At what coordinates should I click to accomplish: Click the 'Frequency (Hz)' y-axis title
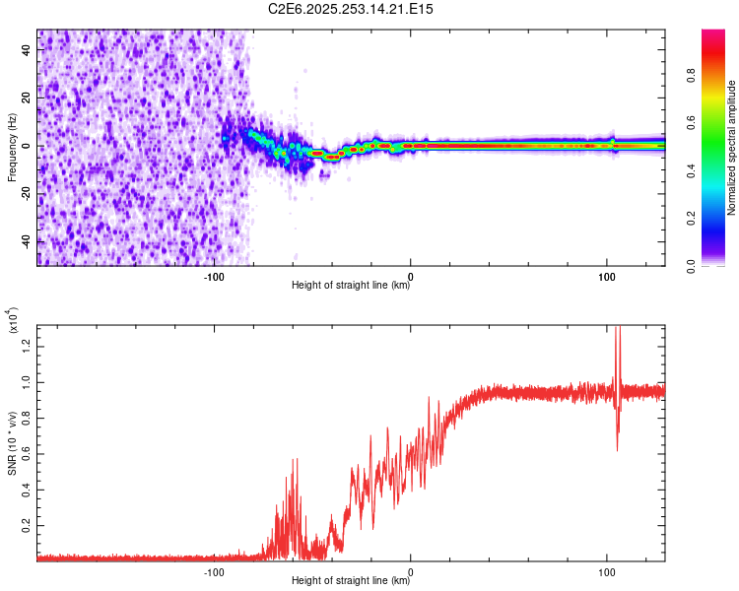(12, 148)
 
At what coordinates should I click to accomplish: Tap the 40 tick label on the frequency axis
(28, 51)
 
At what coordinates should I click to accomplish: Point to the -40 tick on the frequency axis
(28, 240)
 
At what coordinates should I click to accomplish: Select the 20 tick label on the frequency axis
(28, 98)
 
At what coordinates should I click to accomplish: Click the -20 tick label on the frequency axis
(28, 193)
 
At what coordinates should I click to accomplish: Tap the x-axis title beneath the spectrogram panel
(351, 287)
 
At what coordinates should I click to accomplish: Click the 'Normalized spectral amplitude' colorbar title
(732, 148)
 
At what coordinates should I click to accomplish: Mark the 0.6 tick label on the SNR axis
(28, 453)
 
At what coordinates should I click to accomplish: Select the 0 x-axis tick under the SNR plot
(411, 570)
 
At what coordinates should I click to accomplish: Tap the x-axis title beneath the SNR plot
(351, 581)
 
